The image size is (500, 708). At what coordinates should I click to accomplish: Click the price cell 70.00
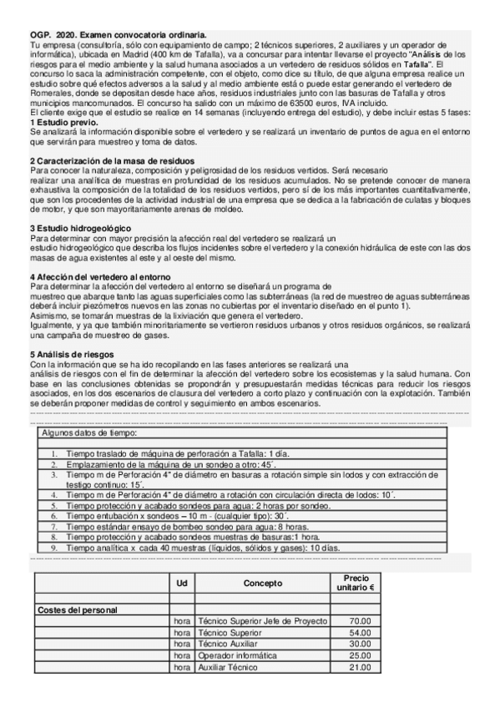point(359,622)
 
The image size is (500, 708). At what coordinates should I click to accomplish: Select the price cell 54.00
point(359,634)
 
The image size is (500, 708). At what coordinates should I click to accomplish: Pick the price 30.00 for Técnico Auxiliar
point(359,645)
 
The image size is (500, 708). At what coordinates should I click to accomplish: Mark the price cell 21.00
point(359,667)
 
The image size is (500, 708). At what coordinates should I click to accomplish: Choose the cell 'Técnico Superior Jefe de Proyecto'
point(262,622)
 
